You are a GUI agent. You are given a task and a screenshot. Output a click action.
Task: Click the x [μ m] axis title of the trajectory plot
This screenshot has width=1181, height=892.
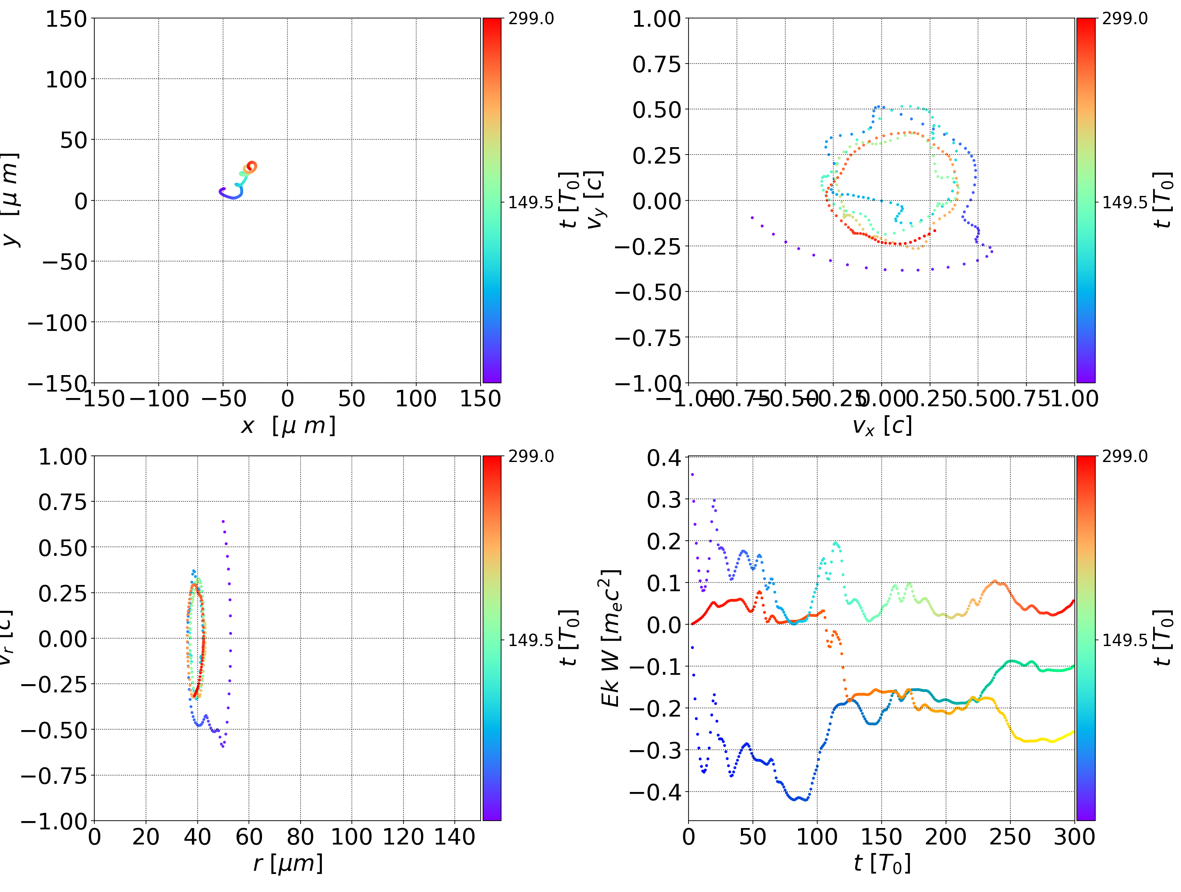click(288, 426)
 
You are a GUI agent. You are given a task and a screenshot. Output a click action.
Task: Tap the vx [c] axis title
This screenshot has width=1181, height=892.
click(882, 426)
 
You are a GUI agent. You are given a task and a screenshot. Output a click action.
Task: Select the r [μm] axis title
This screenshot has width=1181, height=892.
click(288, 863)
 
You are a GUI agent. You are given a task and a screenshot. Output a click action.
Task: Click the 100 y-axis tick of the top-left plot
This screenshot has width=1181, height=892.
click(66, 80)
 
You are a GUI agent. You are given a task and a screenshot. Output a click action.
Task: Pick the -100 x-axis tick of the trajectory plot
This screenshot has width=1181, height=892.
click(159, 399)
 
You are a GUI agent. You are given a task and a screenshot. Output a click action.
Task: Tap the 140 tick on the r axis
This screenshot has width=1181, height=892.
click(454, 837)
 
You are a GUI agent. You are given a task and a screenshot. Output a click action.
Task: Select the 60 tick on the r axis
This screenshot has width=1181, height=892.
click(249, 837)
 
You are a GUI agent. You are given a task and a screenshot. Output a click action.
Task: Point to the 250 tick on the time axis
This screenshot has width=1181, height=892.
click(1010, 837)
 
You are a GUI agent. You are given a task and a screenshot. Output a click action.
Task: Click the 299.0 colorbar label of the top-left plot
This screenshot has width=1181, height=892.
click(531, 19)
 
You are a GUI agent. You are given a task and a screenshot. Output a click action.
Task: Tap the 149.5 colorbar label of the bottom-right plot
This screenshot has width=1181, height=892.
click(1124, 639)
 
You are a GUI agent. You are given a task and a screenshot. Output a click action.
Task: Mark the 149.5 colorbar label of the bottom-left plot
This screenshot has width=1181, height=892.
click(531, 639)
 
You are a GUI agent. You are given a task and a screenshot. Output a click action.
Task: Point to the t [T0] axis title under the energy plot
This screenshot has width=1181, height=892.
click(882, 863)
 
